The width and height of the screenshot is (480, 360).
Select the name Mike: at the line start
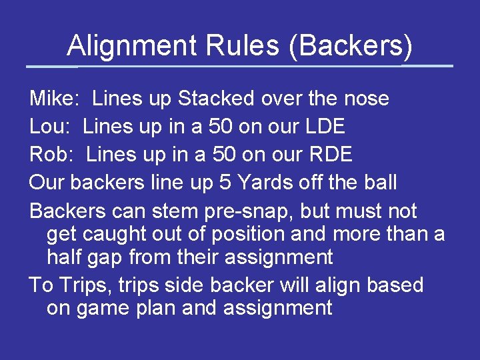tap(55, 99)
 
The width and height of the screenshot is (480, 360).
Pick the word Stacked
tap(216, 99)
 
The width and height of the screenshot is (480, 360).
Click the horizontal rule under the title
tap(240, 66)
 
